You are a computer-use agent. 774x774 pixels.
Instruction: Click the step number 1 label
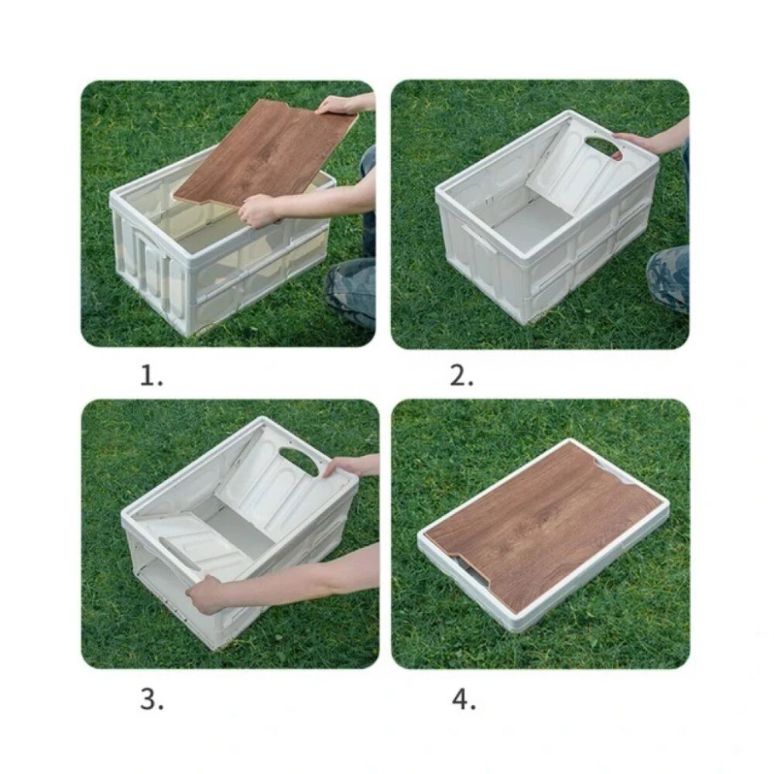[152, 377]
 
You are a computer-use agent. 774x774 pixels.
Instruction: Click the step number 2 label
[461, 377]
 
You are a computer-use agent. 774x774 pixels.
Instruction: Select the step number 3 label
[152, 700]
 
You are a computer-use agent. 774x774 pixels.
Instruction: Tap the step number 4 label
[463, 700]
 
